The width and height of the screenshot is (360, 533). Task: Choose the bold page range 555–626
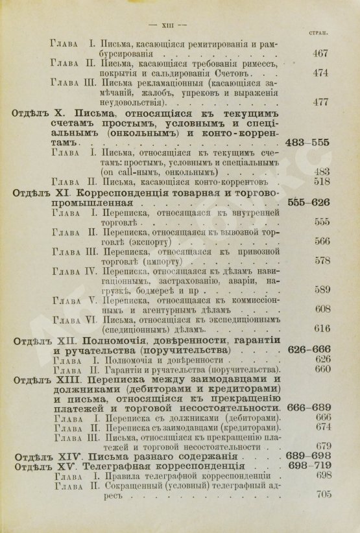pyautogui.click(x=309, y=202)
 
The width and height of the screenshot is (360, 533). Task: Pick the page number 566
pyautogui.click(x=322, y=239)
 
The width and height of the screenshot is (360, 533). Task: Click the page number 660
pyautogui.click(x=323, y=370)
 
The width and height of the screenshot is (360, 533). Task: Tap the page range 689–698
pyautogui.click(x=309, y=457)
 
